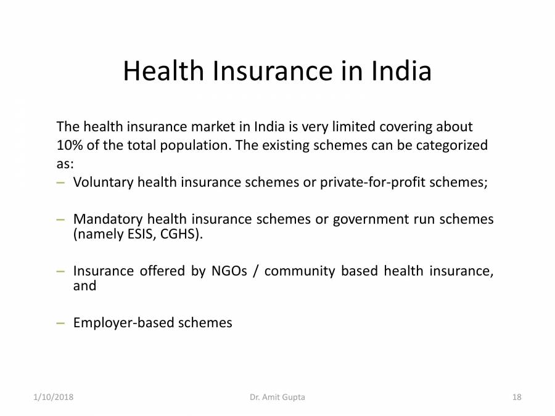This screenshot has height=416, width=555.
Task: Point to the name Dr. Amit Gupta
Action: [x=277, y=398]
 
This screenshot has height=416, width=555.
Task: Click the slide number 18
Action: [x=517, y=398]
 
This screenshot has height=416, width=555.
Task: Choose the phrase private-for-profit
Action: [x=379, y=183]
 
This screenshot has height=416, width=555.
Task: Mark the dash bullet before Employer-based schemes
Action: [x=60, y=322]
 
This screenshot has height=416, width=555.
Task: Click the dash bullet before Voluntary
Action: [x=60, y=183]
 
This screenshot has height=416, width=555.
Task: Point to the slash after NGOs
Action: [x=255, y=271]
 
